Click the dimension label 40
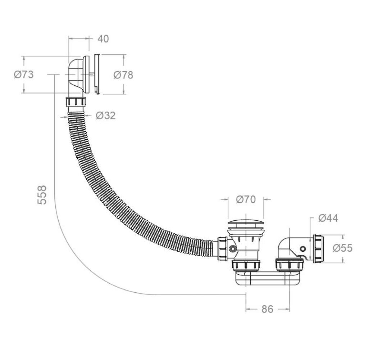point(103,39)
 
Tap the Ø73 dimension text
point(24,75)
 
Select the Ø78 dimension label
point(123,75)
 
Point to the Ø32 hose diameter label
point(106,116)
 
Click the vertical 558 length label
point(42,195)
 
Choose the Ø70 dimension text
point(246,199)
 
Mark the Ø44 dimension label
point(328,218)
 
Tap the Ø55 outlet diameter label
point(343,248)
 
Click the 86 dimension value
point(268,309)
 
